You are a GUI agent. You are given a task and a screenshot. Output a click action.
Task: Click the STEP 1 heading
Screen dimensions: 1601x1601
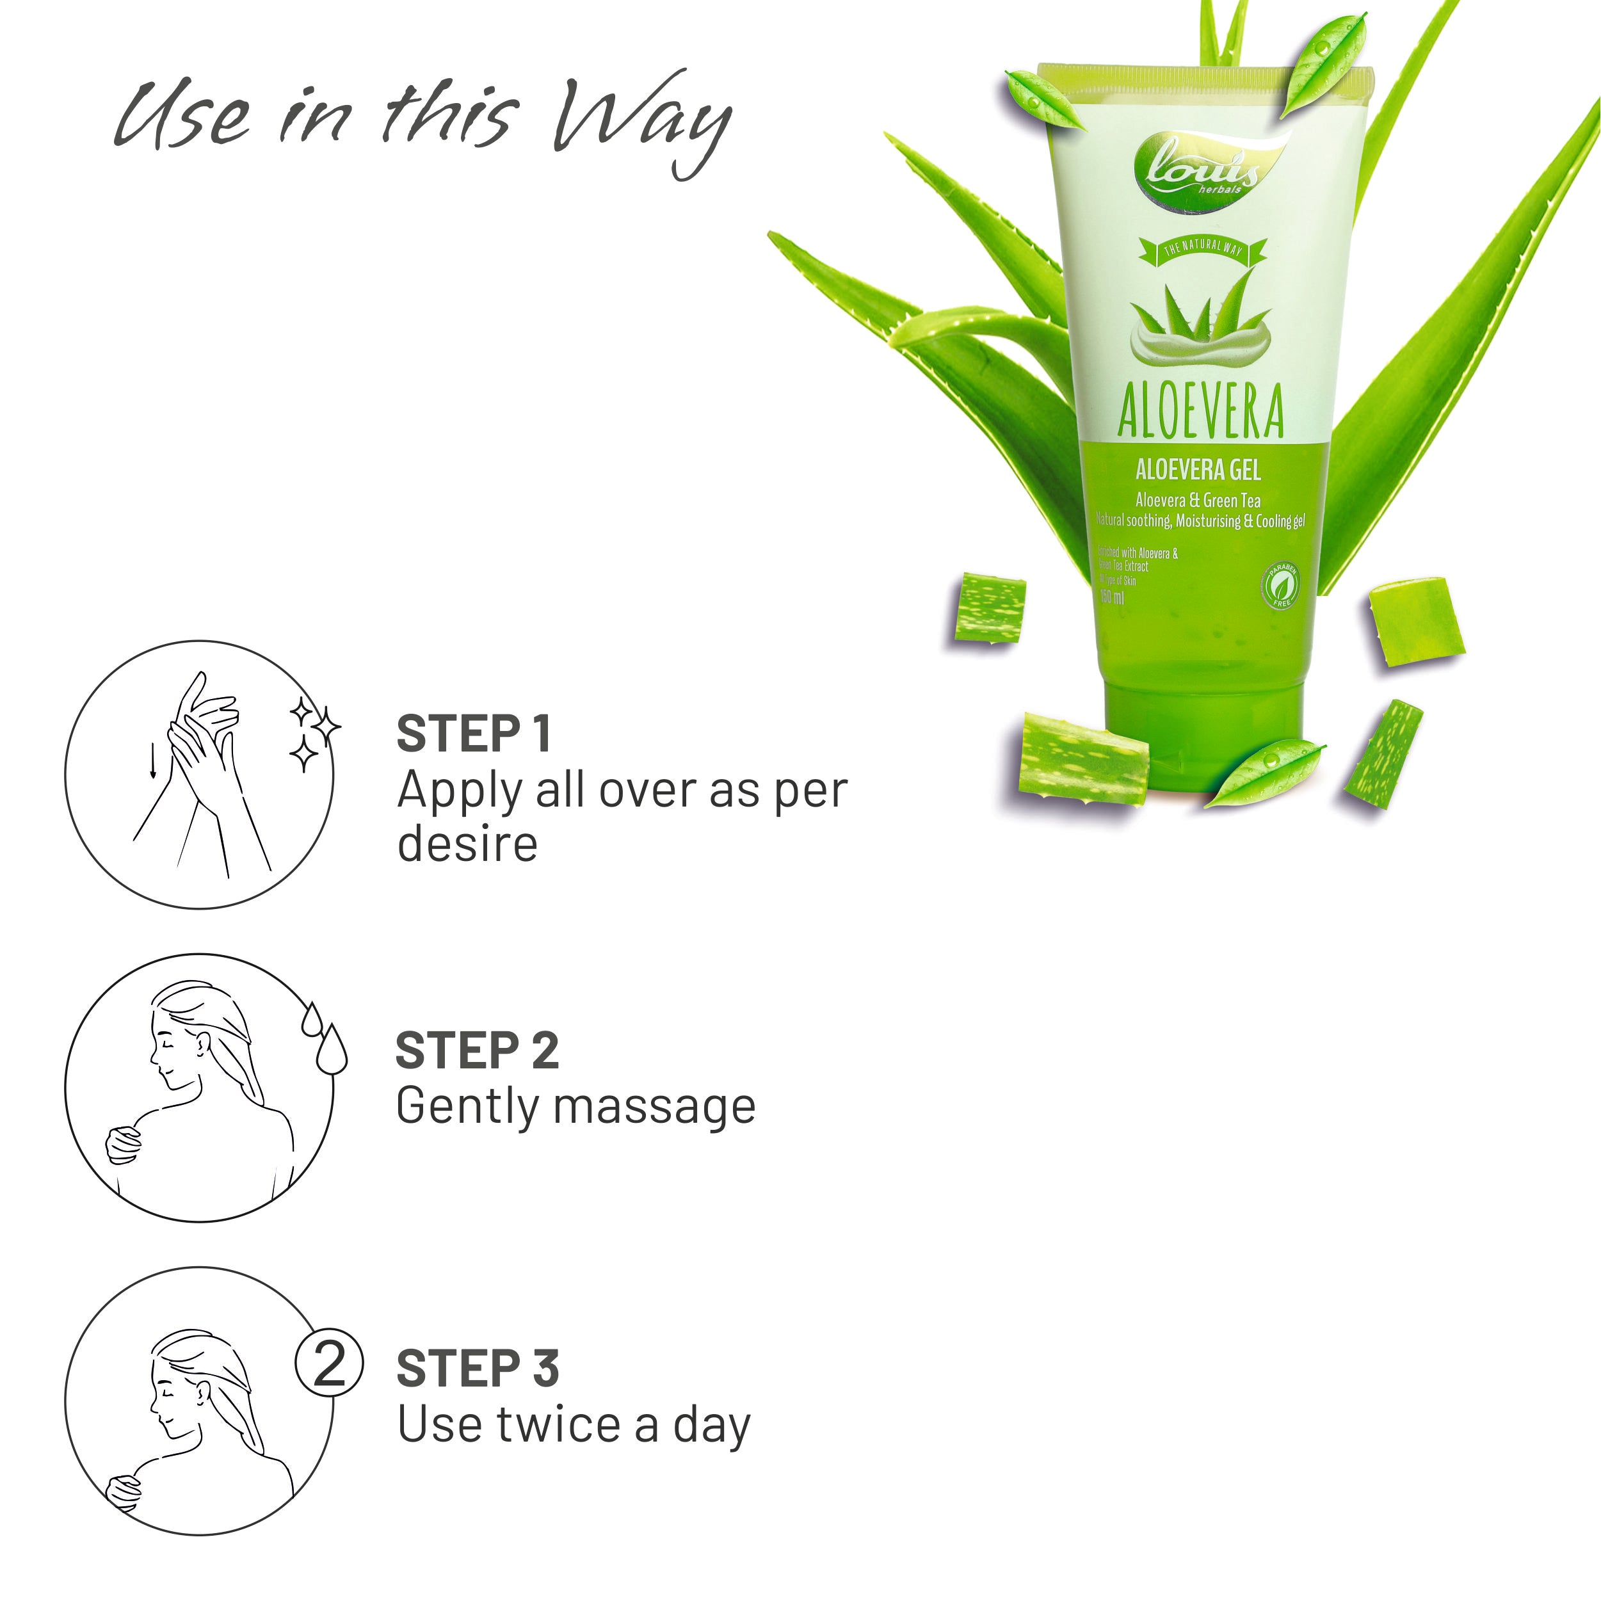tap(473, 734)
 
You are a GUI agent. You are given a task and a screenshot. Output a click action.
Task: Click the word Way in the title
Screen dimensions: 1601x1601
tap(642, 120)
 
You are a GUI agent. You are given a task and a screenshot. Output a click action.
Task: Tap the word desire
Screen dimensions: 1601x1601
tap(467, 844)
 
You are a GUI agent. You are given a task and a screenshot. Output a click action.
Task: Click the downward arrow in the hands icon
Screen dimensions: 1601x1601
tap(152, 760)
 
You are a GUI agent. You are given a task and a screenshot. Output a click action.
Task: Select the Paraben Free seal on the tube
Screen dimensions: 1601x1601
tap(1280, 585)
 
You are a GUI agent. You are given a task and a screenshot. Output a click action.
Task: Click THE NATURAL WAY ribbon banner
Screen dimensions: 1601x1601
tap(1202, 248)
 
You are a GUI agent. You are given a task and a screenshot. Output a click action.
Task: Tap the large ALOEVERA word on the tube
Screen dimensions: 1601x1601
tap(1201, 411)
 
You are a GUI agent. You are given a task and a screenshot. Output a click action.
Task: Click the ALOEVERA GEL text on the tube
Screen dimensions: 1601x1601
tap(1198, 471)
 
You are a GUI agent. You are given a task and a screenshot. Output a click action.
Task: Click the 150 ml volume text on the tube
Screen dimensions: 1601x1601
tap(1112, 597)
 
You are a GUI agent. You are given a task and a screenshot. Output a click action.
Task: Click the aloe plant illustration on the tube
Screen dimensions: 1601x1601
tap(1200, 324)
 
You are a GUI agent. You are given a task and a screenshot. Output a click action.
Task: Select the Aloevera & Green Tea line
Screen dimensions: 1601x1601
tap(1198, 501)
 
